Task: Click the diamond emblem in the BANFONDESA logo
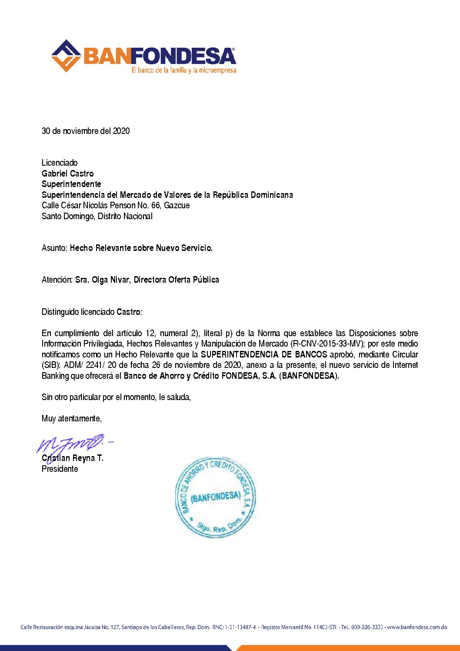66,56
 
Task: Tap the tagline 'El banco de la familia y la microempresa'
184,70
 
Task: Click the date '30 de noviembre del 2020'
86,131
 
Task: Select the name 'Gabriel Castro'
67,174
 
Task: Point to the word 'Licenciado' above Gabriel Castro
60,163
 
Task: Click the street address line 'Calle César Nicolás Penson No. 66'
116,205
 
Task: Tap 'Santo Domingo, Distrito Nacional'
97,216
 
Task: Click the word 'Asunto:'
55,248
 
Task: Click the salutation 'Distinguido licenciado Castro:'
92,312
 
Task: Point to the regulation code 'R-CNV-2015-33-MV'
327,344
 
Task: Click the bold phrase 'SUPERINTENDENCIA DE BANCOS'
264,354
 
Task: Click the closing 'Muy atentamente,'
72,418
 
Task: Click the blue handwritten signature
72,444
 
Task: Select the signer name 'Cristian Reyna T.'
73,458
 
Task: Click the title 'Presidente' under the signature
60,469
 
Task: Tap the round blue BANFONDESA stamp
215,497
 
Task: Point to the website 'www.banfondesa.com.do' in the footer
417,627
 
